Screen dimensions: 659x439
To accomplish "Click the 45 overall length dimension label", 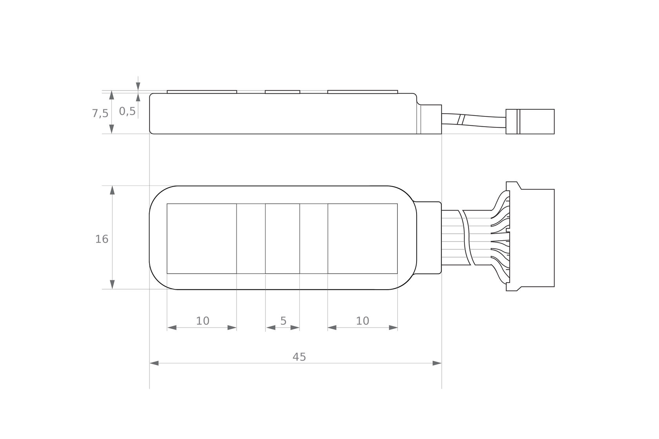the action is (x=299, y=357).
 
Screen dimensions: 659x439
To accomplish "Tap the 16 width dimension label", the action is (x=102, y=239).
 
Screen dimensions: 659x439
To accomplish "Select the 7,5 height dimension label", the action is (x=100, y=113).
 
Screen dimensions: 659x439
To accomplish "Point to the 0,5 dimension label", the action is (x=127, y=111).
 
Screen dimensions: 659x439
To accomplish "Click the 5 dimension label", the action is (x=283, y=321).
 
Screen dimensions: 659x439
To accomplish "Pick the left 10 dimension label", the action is (x=203, y=321).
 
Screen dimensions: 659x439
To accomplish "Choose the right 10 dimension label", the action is (x=362, y=321).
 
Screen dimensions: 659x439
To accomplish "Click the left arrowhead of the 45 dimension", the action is (x=154, y=363).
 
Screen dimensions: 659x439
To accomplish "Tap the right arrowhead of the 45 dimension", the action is (x=437, y=363).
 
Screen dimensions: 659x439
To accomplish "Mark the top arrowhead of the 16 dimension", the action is (x=112, y=190).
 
